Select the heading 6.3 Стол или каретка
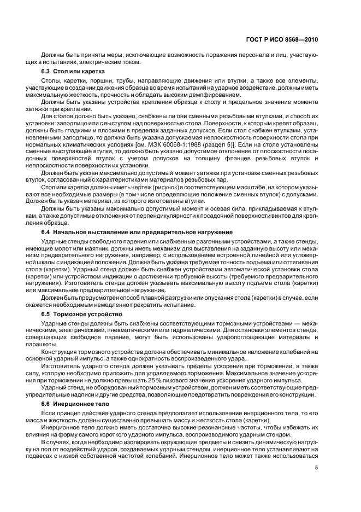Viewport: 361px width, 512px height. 70,71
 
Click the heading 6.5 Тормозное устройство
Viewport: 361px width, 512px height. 82,315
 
